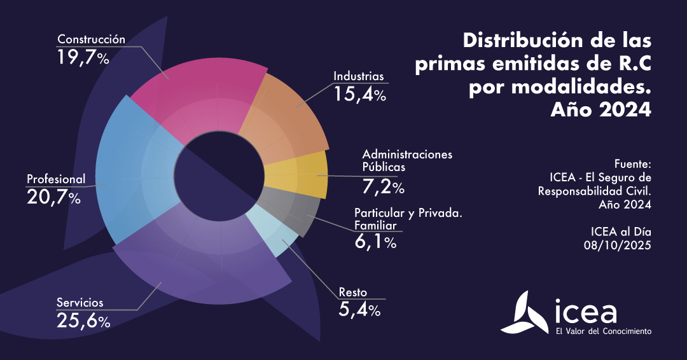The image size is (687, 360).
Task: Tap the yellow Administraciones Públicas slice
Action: [299, 175]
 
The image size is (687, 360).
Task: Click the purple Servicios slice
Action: [204, 267]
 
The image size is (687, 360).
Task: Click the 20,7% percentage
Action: [53, 197]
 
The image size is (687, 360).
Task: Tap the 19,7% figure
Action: [83, 57]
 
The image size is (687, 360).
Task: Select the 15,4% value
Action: [360, 95]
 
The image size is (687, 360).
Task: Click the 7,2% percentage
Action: [380, 187]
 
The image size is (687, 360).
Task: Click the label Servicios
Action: [80, 302]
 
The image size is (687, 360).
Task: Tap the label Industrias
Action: [359, 76]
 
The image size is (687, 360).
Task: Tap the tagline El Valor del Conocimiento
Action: [603, 331]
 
